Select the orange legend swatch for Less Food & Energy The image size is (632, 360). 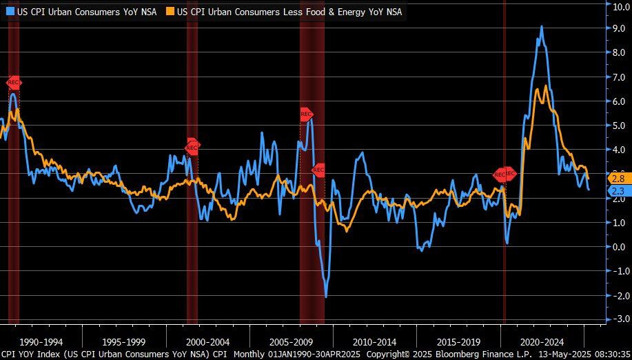[181, 11]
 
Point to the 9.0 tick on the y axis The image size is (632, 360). [618, 28]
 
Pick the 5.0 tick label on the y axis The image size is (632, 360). [618, 126]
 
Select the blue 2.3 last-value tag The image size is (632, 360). [618, 191]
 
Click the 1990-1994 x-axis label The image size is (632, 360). [41, 342]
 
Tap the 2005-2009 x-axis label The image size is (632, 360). [291, 342]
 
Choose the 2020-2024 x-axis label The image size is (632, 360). [542, 342]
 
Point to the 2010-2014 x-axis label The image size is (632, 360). [374, 342]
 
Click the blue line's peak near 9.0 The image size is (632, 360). [542, 27]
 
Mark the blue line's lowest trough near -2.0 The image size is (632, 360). [325, 297]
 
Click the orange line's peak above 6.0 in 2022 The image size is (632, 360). [546, 86]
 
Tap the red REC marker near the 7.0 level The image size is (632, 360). [14, 82]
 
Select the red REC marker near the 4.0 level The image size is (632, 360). [192, 146]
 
